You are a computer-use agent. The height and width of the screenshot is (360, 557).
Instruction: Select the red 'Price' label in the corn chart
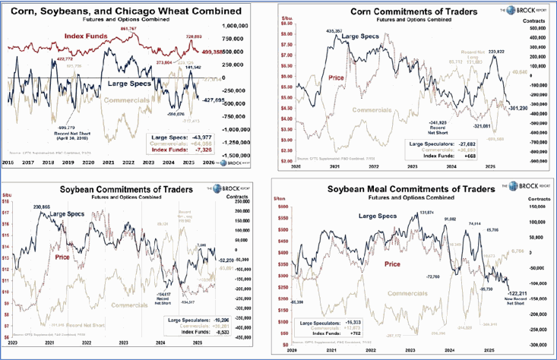click(x=336, y=77)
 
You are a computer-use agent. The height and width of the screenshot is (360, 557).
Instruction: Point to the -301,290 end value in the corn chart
click(x=517, y=106)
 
